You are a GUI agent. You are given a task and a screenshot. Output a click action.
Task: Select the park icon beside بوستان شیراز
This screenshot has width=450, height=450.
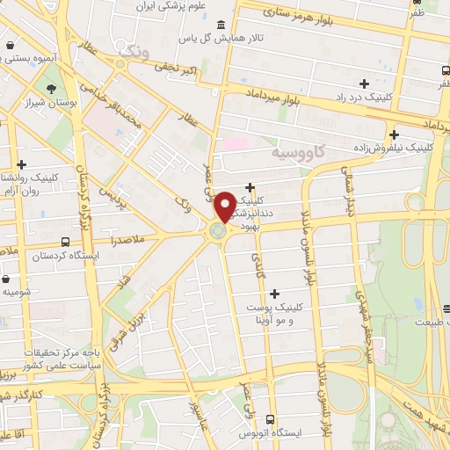[53, 89]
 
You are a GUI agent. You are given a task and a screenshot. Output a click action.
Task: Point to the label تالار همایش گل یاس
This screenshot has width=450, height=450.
[187, 39]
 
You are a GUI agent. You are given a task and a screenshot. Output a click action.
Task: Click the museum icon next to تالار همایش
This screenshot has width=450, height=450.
[219, 24]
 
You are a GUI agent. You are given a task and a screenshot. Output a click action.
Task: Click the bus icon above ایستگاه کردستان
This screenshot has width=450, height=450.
[66, 242]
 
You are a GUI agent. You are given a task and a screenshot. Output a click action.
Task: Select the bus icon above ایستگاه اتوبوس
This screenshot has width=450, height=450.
[270, 419]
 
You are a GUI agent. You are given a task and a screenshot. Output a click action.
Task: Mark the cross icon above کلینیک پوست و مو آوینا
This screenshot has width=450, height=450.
[275, 294]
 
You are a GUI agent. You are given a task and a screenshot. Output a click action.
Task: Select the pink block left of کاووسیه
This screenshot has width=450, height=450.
[236, 142]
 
